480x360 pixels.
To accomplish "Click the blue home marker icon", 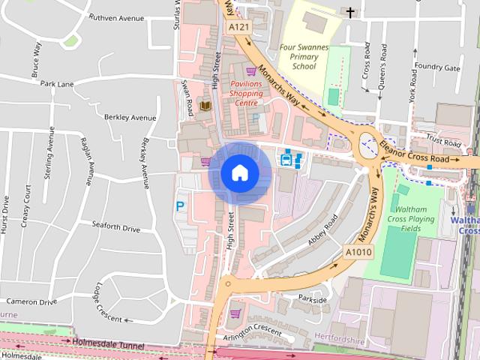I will click(x=239, y=173).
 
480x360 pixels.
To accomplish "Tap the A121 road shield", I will click(x=239, y=27).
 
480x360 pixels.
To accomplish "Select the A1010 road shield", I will click(x=358, y=252).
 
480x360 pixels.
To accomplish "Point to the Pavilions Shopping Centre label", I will click(x=247, y=94).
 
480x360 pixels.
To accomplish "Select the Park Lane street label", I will click(x=58, y=84).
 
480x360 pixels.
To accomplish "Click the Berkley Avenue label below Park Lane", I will click(x=130, y=118).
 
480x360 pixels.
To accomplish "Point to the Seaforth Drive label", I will click(x=115, y=226).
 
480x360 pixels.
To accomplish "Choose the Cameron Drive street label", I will click(x=31, y=301).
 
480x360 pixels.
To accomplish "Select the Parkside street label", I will click(x=312, y=300).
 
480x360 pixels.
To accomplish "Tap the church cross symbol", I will click(x=350, y=11).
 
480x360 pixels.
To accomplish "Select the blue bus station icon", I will click(x=289, y=159).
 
